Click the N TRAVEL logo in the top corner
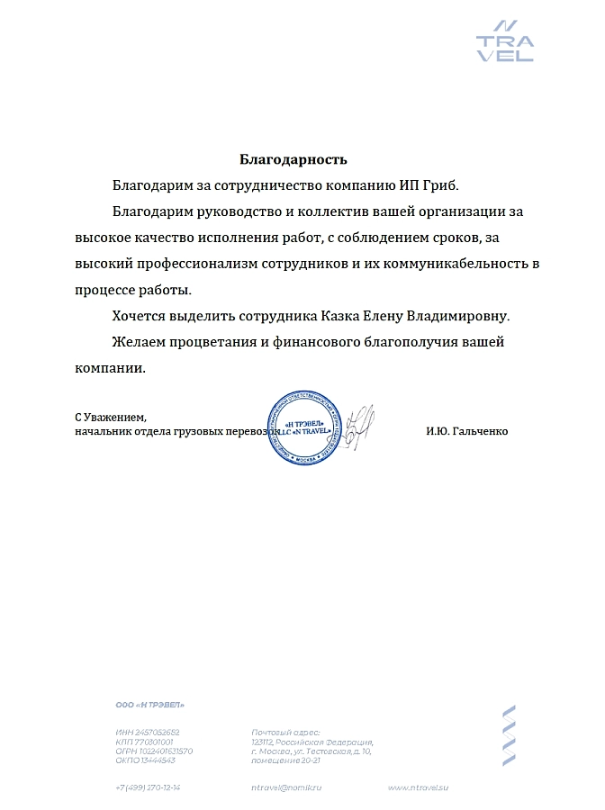click(x=505, y=40)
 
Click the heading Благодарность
click(x=293, y=160)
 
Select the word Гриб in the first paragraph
click(x=438, y=186)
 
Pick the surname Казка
click(x=346, y=317)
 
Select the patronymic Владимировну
click(x=458, y=317)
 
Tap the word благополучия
click(x=393, y=343)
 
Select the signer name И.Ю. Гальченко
click(x=466, y=432)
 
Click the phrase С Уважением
click(x=110, y=418)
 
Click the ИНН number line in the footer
click(x=149, y=733)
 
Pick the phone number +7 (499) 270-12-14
click(x=149, y=787)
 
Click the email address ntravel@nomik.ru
click(x=286, y=787)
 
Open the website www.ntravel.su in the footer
click(x=418, y=787)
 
